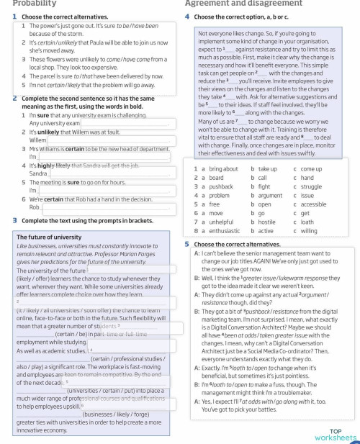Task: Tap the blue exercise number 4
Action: [187, 16]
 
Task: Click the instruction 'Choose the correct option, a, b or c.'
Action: [244, 16]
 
